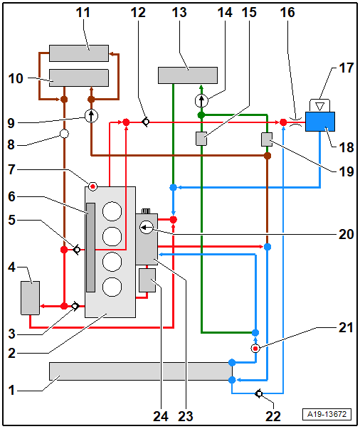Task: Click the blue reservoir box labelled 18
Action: pos(319,122)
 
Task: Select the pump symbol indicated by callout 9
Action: pos(91,116)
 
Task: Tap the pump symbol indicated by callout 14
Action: pos(201,101)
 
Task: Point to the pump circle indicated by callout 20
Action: pos(147,227)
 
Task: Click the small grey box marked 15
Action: pos(201,139)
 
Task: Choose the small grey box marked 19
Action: pos(267,139)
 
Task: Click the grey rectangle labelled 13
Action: pos(188,75)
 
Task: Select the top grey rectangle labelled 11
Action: pos(79,53)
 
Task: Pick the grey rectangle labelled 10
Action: pos(79,78)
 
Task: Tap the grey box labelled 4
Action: pos(31,298)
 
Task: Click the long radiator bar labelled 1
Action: pos(141,371)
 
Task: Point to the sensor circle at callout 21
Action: pos(255,349)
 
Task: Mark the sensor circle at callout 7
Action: pos(93,186)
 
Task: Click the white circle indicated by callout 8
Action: pos(64,134)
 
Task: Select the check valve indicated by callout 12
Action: pos(145,122)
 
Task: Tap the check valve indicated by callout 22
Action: pos(259,393)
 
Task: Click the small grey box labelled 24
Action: pos(147,280)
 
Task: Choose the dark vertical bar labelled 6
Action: pos(91,248)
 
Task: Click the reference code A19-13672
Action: pos(327,414)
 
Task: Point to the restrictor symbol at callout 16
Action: pos(296,122)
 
